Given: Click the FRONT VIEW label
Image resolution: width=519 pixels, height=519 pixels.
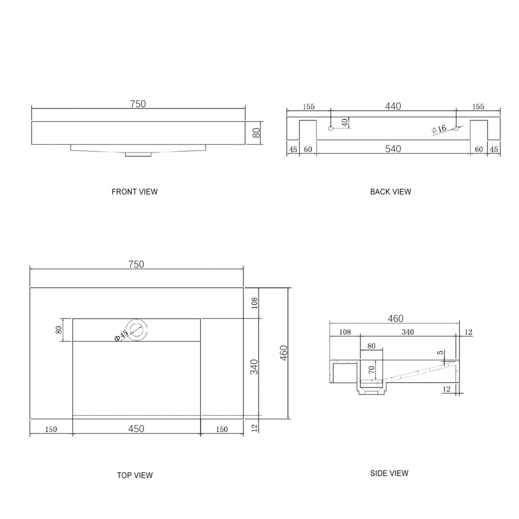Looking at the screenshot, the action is pos(135,192).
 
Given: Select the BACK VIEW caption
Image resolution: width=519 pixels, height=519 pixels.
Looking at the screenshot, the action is pos(391,192).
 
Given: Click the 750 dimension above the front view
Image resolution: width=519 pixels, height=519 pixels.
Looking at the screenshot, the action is pos(138,104).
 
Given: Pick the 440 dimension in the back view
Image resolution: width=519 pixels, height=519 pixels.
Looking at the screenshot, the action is pos(393,106).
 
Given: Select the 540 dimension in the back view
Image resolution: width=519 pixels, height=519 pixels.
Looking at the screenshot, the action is pos(393,149).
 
